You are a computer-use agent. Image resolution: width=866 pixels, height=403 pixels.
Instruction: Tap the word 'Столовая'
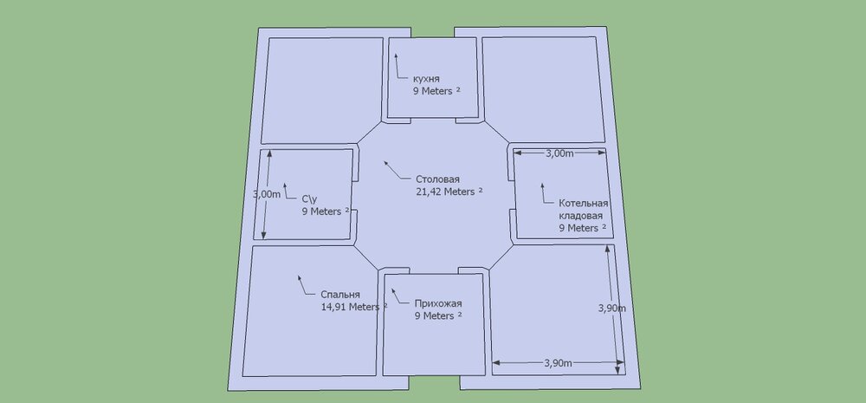[x=438, y=179]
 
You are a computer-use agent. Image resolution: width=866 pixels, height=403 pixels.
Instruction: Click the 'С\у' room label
[x=309, y=198]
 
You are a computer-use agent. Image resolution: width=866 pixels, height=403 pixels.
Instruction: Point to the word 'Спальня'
[x=340, y=295]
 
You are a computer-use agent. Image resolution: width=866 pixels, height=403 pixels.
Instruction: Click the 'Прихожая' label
[x=438, y=303]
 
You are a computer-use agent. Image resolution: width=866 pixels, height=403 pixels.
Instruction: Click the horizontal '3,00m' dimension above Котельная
[x=559, y=153]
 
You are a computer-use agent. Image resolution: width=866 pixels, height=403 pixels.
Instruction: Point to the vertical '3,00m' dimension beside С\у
[x=268, y=194]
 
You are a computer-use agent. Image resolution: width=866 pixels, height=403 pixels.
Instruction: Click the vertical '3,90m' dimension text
[x=612, y=307]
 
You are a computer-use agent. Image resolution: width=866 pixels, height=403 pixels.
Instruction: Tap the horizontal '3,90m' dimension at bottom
[x=559, y=361]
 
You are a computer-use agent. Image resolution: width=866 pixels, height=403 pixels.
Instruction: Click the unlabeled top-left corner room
[x=322, y=89]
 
